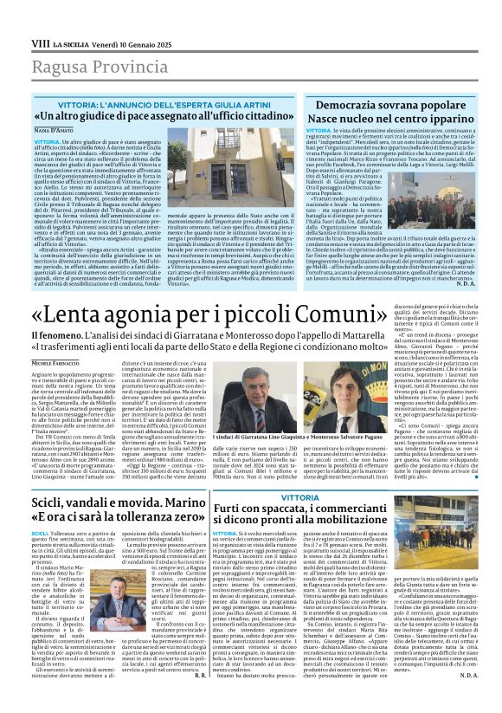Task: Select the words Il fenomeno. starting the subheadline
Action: click(x=55, y=334)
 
